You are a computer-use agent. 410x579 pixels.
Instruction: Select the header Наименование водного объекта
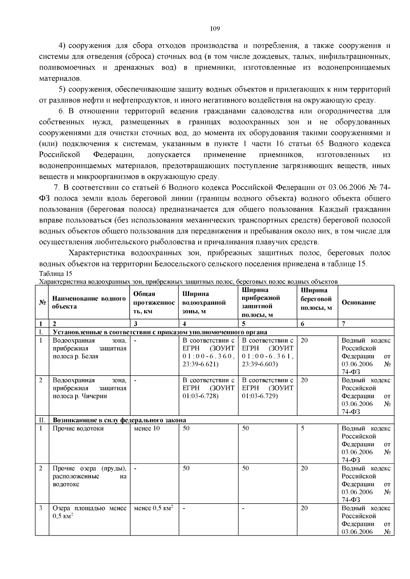[x=89, y=303]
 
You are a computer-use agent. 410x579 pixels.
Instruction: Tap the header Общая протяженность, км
[x=154, y=303]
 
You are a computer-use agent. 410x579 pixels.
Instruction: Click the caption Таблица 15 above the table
[x=56, y=274]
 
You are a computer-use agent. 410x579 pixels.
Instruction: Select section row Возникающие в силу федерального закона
[x=119, y=420]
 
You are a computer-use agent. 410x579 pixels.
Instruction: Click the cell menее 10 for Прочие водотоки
[x=147, y=429]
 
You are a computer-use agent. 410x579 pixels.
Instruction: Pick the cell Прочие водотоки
[x=78, y=429]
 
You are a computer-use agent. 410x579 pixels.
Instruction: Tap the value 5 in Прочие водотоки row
[x=303, y=429]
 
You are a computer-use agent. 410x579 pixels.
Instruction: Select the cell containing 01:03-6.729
[x=260, y=396]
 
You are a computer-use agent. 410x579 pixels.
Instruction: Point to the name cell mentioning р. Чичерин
[x=89, y=388]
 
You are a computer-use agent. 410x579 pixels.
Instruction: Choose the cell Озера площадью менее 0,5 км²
[x=89, y=512]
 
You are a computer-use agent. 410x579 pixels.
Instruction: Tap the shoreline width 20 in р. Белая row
[x=304, y=341]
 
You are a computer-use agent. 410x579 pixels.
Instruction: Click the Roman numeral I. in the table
[x=41, y=332]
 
